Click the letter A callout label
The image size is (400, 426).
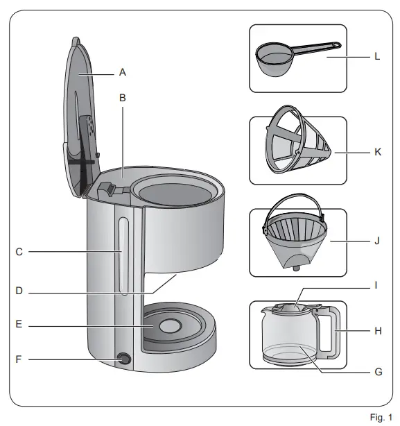coord(123,71)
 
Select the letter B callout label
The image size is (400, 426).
coord(123,98)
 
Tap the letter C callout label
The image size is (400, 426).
coord(19,252)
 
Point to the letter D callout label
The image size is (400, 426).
coord(19,291)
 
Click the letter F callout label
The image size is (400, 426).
coord(19,359)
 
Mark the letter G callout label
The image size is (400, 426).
coord(378,372)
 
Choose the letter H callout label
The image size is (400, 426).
coord(378,331)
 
